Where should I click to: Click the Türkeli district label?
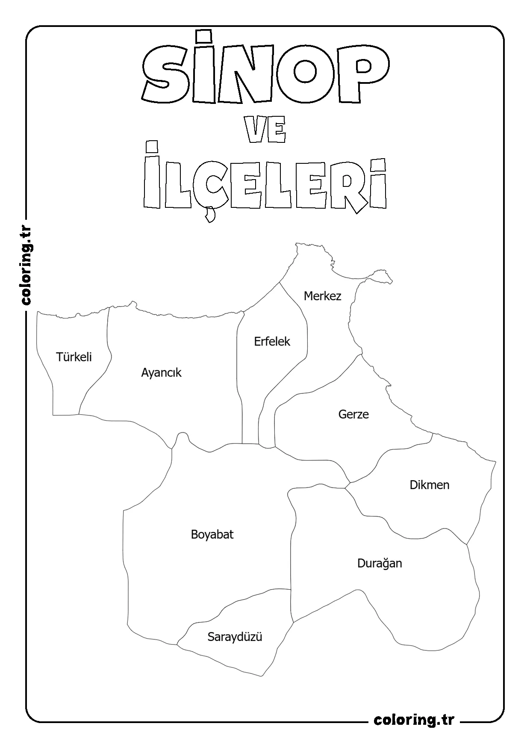pos(74,357)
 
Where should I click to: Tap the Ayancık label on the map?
pos(161,373)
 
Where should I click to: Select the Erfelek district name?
pos(272,342)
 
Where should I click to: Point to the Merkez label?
pos(322,296)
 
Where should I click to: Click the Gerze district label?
pos(353,414)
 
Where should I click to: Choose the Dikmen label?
pos(429,485)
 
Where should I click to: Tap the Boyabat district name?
pos(212,534)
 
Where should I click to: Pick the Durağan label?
pos(380,564)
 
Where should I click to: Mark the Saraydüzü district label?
pos(235,637)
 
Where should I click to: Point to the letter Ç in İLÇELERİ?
pos(209,185)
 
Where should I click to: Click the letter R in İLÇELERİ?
pos(348,185)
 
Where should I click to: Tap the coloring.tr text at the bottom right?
pos(414,720)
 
